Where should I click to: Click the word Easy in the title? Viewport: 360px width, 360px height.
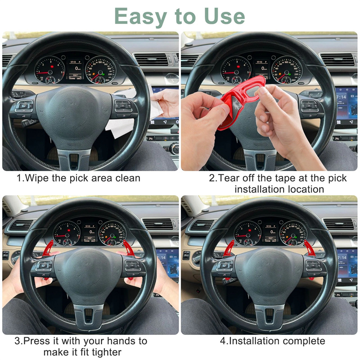140,17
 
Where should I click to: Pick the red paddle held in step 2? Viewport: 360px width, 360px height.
239,101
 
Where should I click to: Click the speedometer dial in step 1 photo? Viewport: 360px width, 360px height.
100,70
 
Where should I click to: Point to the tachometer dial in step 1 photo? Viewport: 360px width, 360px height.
49,70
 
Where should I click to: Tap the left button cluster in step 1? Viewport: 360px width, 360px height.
24,107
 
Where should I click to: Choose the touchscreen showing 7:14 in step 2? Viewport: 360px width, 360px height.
346,106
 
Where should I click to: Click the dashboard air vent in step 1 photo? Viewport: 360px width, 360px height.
152,59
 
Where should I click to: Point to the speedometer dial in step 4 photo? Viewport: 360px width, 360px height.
293,234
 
